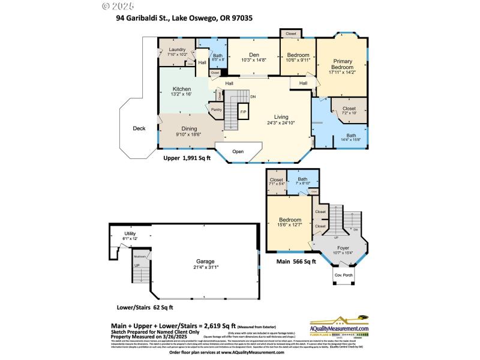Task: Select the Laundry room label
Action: coord(177,49)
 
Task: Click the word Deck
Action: coord(139,128)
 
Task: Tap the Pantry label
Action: coord(216,110)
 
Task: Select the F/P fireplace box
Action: coord(244,112)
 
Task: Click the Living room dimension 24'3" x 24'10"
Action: coord(281,123)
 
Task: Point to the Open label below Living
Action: coord(238,151)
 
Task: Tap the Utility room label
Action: coord(130,233)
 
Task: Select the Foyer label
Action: coord(343,247)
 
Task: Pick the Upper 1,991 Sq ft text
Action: coord(187,160)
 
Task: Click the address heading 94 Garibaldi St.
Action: coord(184,18)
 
